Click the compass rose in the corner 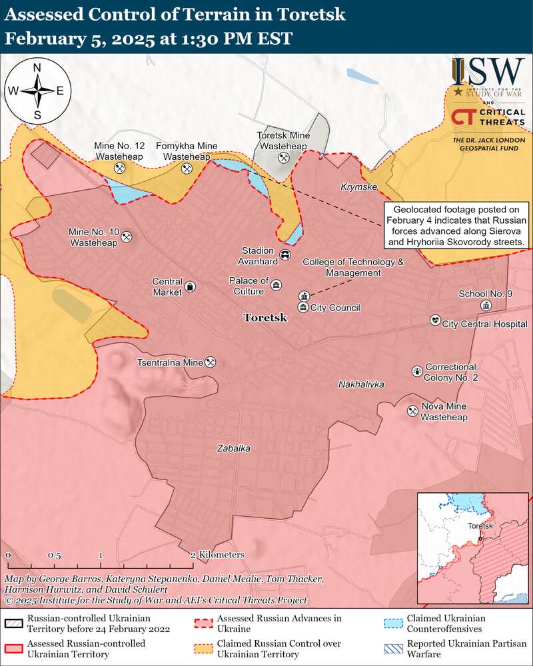(x=37, y=91)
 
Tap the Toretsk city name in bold (x=265, y=318)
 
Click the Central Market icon (x=191, y=286)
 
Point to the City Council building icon (x=303, y=307)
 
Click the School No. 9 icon (x=486, y=305)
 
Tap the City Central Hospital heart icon (x=435, y=320)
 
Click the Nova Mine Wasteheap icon (x=412, y=412)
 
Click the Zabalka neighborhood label (x=234, y=448)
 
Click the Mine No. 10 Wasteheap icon (x=127, y=236)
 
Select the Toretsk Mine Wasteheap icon (x=283, y=158)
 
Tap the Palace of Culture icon (x=276, y=285)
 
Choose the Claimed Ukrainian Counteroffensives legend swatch (x=394, y=624)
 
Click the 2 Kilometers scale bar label (x=217, y=554)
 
